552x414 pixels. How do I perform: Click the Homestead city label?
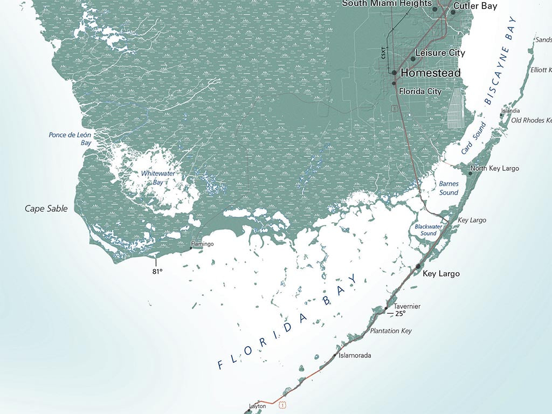tap(431, 73)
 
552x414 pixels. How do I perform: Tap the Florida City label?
tap(420, 91)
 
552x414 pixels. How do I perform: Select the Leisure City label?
tap(440, 53)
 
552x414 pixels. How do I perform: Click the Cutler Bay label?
tap(475, 6)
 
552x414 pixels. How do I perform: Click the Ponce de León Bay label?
tap(70, 139)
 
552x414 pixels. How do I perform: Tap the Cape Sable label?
tap(46, 208)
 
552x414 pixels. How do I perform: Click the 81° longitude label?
tap(157, 272)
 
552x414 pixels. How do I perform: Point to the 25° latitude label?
tap(399, 313)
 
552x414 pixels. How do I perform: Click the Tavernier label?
tap(407, 306)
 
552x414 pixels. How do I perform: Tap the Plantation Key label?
tap(390, 330)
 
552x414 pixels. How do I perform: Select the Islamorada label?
tap(355, 355)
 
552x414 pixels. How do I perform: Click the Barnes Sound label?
tap(448, 188)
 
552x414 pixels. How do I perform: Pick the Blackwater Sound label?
tap(429, 230)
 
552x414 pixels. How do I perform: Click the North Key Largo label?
tap(495, 168)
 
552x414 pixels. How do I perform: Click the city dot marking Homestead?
tap(394, 72)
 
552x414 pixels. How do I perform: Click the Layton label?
tap(258, 406)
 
